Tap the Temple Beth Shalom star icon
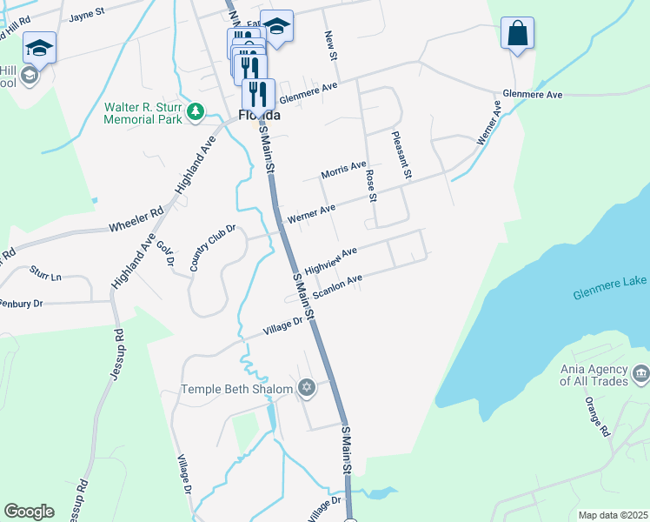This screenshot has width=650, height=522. click(x=306, y=388)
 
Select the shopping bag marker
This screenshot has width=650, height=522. click(x=517, y=33)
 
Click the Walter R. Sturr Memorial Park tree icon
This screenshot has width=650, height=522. click(x=196, y=112)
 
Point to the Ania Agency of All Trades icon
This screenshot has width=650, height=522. click(x=640, y=374)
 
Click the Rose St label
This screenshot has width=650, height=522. click(x=371, y=185)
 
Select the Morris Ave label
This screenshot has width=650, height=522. click(x=343, y=173)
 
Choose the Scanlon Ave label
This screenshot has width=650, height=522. click(x=337, y=286)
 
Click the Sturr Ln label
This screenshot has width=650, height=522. click(x=45, y=275)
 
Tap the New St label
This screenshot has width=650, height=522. click(x=330, y=45)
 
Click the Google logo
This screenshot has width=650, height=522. click(x=29, y=512)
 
